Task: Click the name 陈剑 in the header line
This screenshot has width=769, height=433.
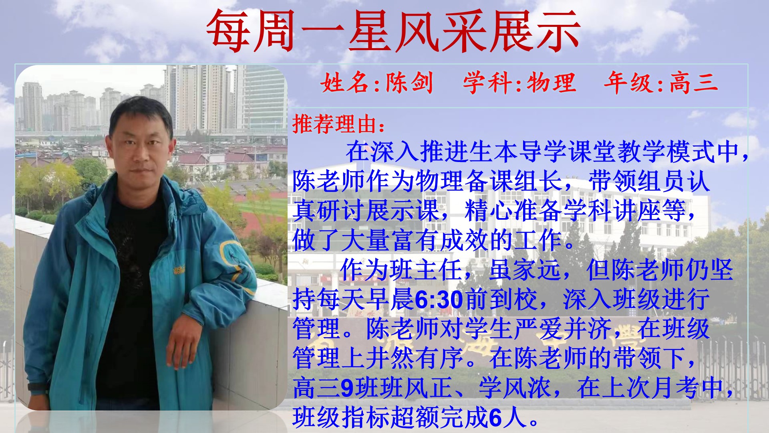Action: (x=409, y=83)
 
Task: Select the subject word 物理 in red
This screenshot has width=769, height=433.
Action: (x=551, y=83)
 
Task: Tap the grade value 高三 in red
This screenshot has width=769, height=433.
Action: (x=694, y=83)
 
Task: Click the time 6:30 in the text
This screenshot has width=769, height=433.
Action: (x=439, y=299)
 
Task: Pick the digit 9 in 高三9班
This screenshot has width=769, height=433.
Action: (x=347, y=388)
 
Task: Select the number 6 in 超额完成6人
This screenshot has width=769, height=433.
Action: (x=495, y=417)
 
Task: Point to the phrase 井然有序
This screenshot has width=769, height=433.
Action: (x=414, y=358)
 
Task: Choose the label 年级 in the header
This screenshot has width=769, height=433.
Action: (x=628, y=83)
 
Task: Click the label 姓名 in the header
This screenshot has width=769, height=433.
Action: (x=345, y=83)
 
